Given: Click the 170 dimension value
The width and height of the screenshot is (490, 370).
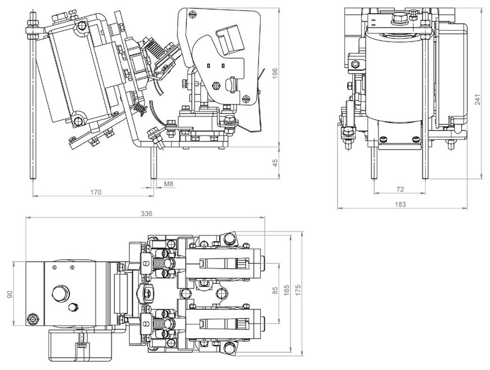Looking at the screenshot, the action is pyautogui.click(x=96, y=192).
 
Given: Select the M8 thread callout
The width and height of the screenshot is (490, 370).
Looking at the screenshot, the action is pyautogui.click(x=169, y=184).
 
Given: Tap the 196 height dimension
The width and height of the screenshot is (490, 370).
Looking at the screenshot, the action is pyautogui.click(x=275, y=74).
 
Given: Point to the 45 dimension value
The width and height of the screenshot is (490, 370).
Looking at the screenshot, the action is pyautogui.click(x=275, y=163).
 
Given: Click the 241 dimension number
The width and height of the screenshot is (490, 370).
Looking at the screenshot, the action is pyautogui.click(x=478, y=99).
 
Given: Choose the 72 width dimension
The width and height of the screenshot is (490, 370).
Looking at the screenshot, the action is pyautogui.click(x=400, y=189).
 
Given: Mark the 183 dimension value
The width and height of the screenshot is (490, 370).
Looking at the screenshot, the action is pyautogui.click(x=401, y=205).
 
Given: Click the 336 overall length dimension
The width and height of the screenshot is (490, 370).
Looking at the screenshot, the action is pyautogui.click(x=146, y=214).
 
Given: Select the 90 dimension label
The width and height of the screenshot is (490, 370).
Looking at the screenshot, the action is pyautogui.click(x=10, y=295).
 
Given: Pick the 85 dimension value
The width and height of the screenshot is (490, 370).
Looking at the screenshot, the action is pyautogui.click(x=275, y=290).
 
